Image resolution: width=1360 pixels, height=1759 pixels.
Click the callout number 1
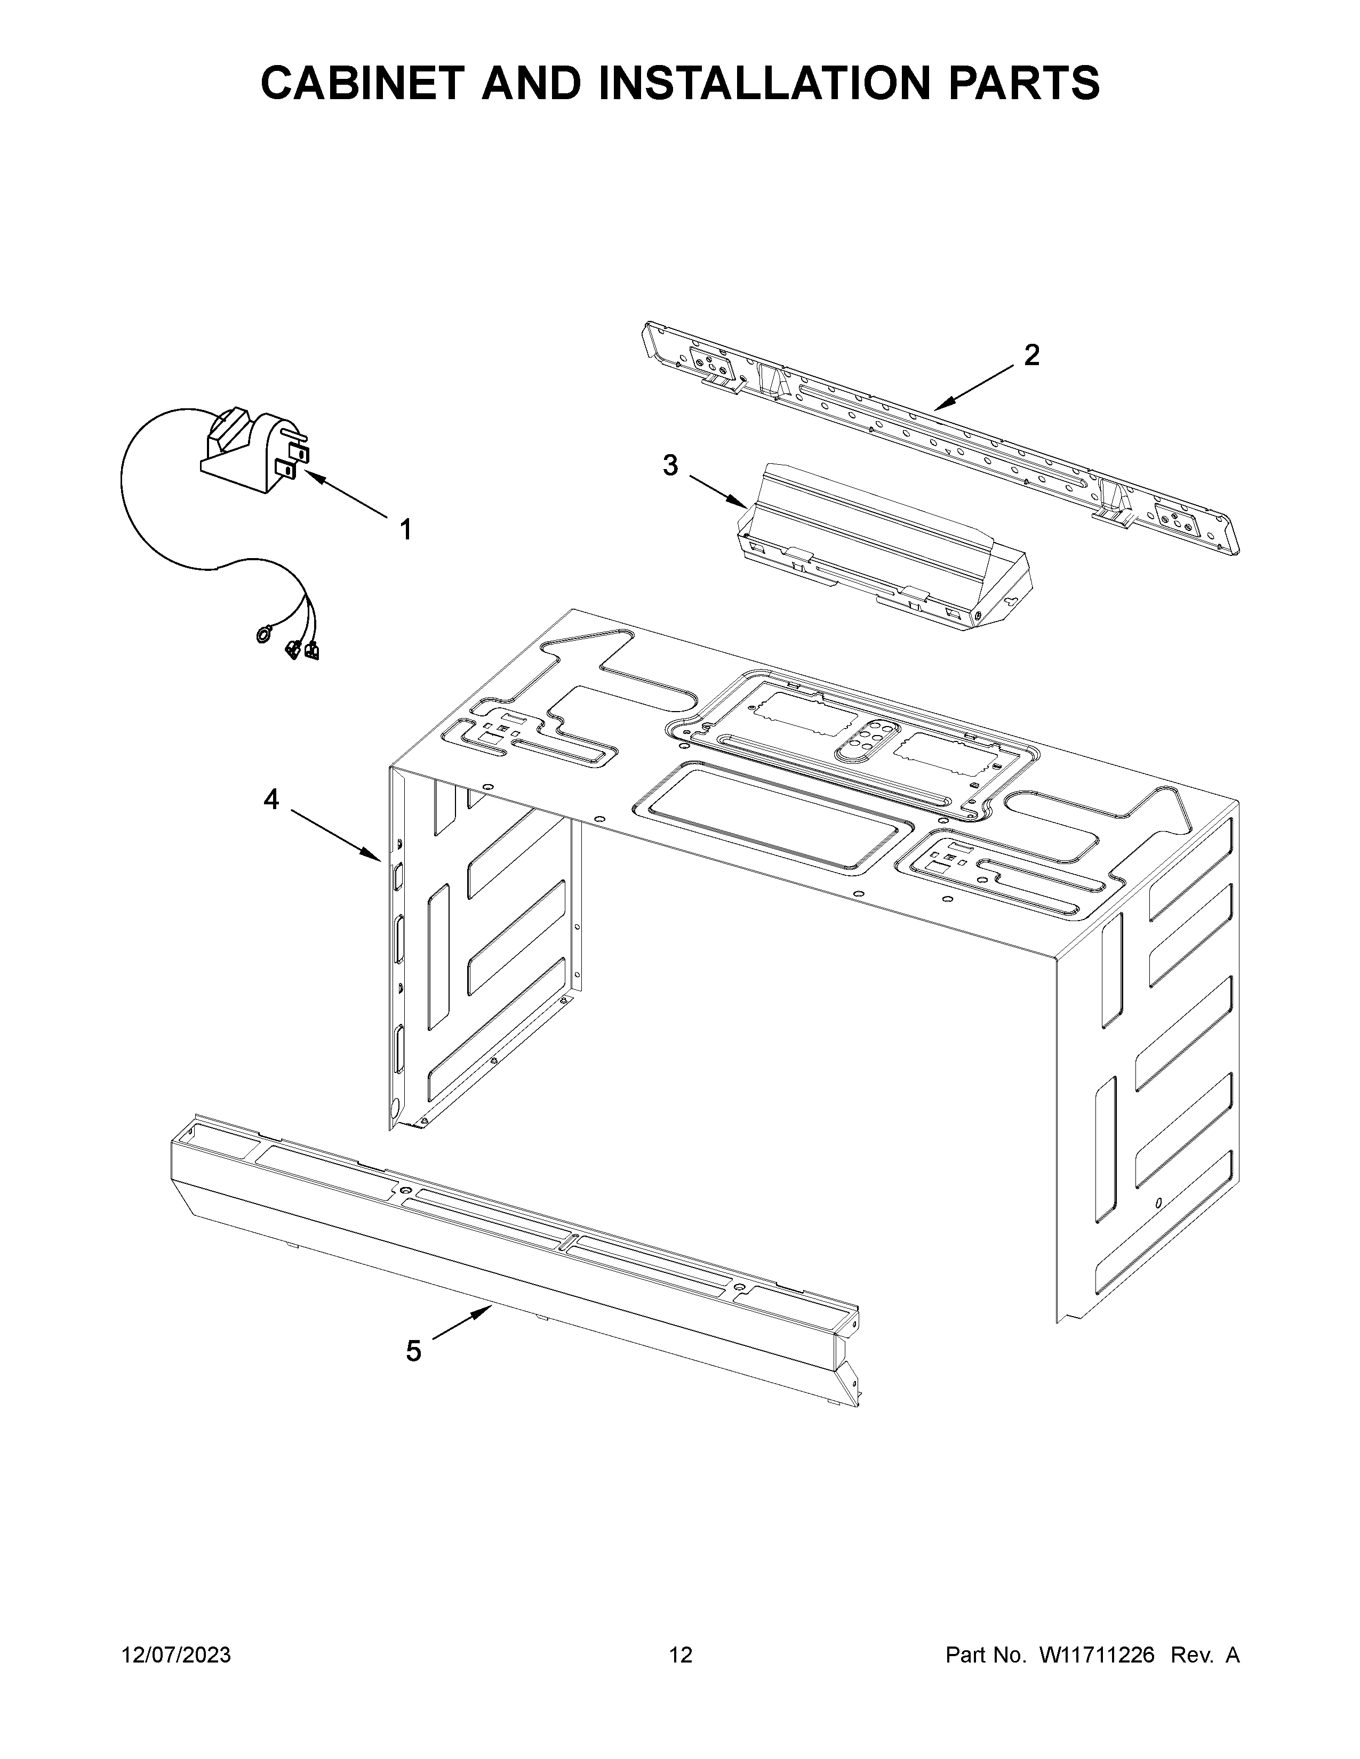406,529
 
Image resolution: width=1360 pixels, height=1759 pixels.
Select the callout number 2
1031,355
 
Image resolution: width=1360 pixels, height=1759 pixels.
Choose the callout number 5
413,1351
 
